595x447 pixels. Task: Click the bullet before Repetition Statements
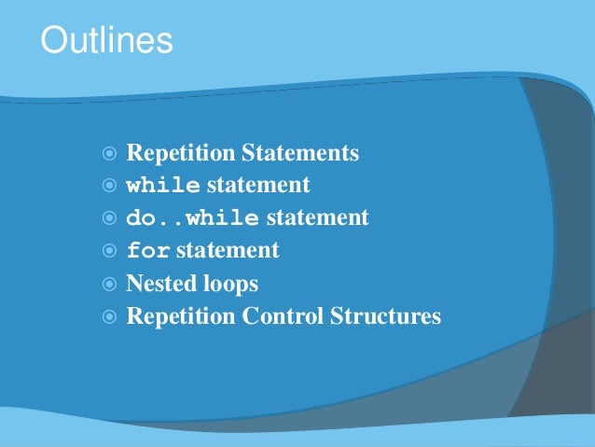point(110,153)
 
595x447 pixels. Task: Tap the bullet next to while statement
point(110,186)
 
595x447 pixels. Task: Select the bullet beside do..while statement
point(110,218)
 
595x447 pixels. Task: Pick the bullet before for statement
point(110,251)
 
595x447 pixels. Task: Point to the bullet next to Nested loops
point(110,284)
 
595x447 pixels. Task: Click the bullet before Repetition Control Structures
point(110,316)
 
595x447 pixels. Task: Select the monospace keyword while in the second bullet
point(162,186)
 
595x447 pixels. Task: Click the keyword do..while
point(192,218)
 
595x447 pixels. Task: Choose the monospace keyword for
point(147,251)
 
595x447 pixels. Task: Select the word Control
point(283,316)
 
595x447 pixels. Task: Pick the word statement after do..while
point(317,218)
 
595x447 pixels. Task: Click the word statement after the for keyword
point(227,251)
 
